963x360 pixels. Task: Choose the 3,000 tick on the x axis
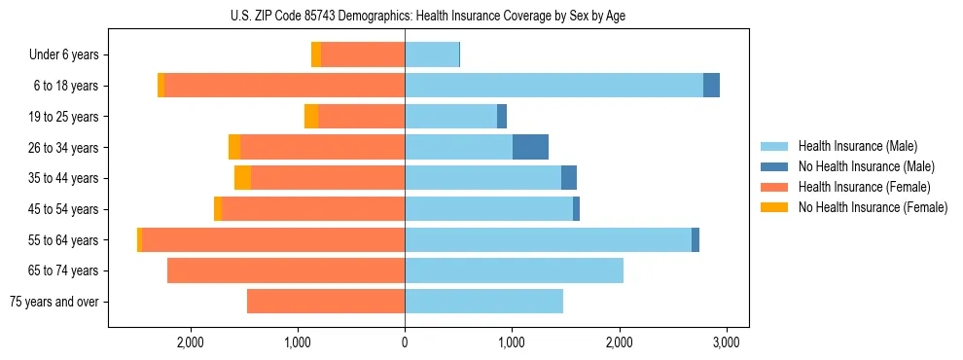tap(727, 342)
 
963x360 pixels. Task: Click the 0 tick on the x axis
tap(405, 342)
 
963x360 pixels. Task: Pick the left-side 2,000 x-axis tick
tap(190, 342)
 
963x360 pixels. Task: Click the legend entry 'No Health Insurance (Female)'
tap(873, 207)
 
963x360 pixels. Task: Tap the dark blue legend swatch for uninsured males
tap(775, 166)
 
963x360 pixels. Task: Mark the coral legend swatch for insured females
tap(775, 187)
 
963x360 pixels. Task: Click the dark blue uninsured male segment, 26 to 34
tap(530, 147)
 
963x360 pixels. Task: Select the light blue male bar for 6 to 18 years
tap(553, 86)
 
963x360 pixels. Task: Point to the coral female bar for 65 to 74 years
tap(286, 270)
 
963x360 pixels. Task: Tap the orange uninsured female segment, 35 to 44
tap(242, 178)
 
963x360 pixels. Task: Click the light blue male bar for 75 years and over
tap(483, 302)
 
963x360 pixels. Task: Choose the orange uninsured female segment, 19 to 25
tap(311, 117)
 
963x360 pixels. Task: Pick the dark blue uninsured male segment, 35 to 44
tap(569, 178)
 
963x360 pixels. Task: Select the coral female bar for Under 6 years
tap(363, 55)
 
